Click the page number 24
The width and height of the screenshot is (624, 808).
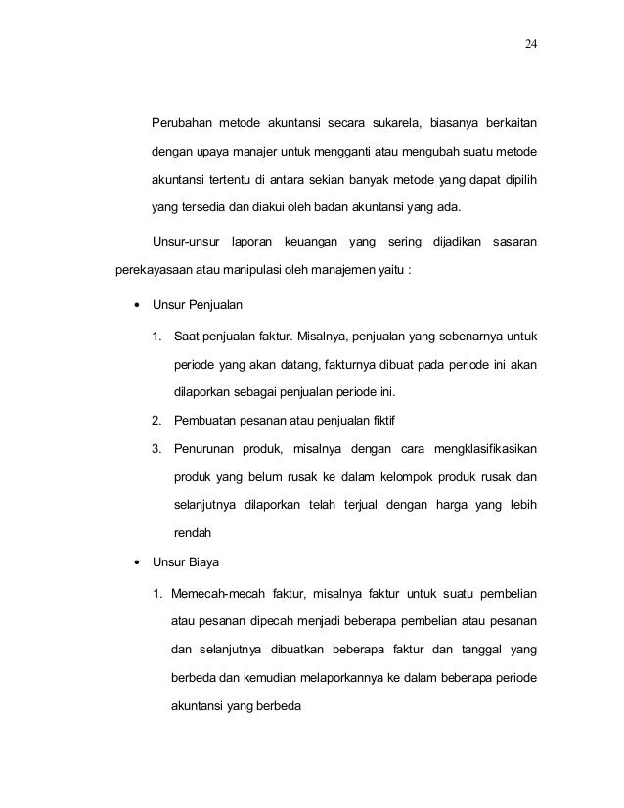coord(529,45)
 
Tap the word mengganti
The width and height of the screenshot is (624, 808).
coord(341,154)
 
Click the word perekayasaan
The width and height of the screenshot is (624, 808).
coord(160,268)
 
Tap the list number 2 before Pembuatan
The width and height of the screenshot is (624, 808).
coord(156,422)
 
